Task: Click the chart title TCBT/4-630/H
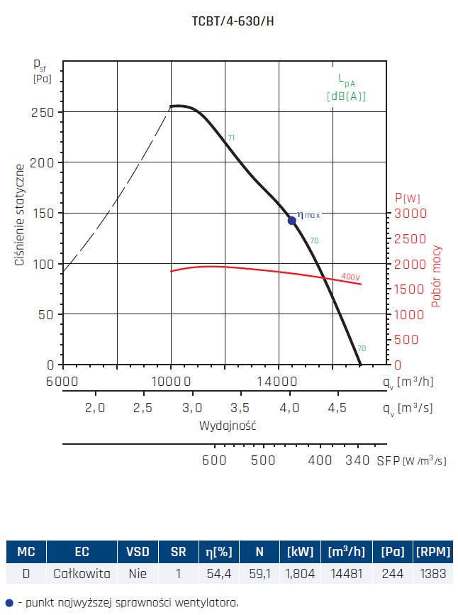[x=228, y=21]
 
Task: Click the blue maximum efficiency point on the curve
[x=292, y=221]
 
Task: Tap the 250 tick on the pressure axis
[x=44, y=112]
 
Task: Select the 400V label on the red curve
[x=351, y=276]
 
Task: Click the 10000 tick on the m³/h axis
[x=171, y=382]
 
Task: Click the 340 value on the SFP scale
[x=358, y=460]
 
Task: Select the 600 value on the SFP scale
[x=214, y=460]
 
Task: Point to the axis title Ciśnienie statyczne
[x=21, y=214]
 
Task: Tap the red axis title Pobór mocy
[x=437, y=276]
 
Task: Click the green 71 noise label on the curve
[x=230, y=138]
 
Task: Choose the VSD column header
[x=138, y=551]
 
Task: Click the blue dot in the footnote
[x=9, y=603]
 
